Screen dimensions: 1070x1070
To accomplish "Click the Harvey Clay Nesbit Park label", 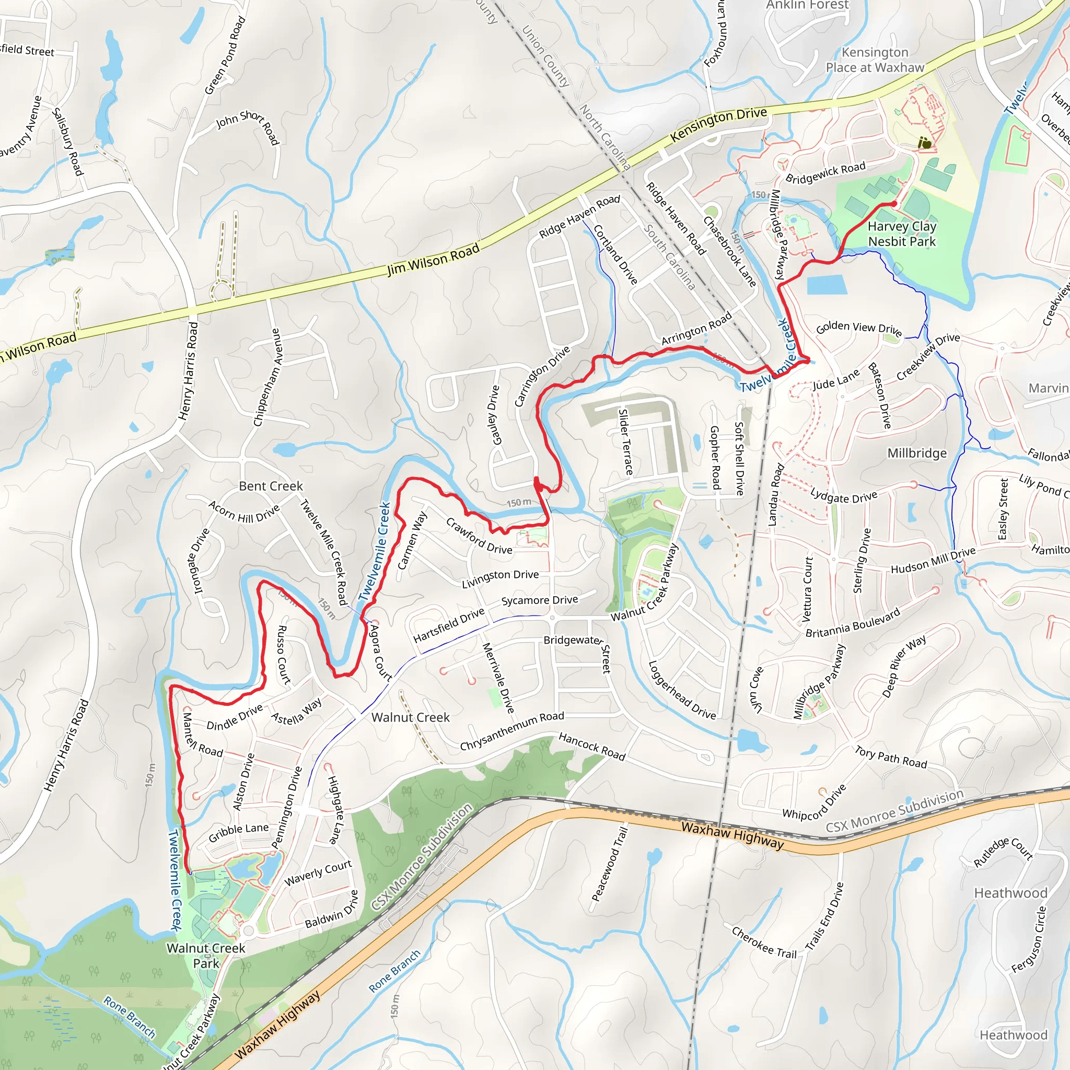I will coord(902,234).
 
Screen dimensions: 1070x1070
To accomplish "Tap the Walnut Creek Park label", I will coord(205,956).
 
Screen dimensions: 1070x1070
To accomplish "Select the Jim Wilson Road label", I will coord(433,260).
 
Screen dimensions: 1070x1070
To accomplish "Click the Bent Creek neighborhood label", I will coord(271,486).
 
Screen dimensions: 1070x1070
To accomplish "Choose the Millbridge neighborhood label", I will coord(916,453).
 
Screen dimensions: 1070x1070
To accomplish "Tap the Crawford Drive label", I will coord(479,536).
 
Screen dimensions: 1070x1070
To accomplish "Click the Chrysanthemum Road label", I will coord(511,731).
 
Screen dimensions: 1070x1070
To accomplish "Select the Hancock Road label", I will coord(591,746).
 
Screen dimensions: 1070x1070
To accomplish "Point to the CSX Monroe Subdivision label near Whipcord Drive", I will coord(894,811).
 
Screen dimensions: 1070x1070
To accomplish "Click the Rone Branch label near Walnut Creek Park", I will coord(130,1017).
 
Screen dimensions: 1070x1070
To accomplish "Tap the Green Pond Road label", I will coord(225,55).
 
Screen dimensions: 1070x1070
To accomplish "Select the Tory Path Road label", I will coord(891,757).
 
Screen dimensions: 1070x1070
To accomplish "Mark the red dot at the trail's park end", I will coord(894,204).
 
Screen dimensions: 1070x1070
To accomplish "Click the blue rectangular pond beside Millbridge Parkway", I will coord(827,285).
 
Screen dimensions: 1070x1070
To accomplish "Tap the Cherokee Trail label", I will coord(764,942).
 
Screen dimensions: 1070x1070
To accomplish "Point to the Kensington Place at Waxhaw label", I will coord(875,60).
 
